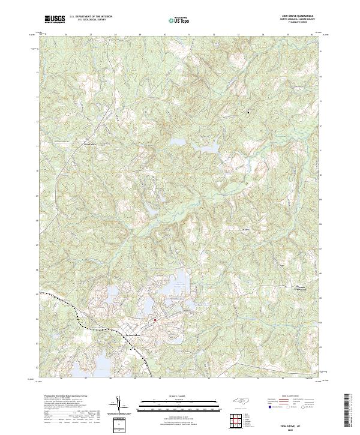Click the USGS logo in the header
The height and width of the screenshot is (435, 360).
tap(55, 19)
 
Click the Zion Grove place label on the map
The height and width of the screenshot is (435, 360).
tap(89, 144)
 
